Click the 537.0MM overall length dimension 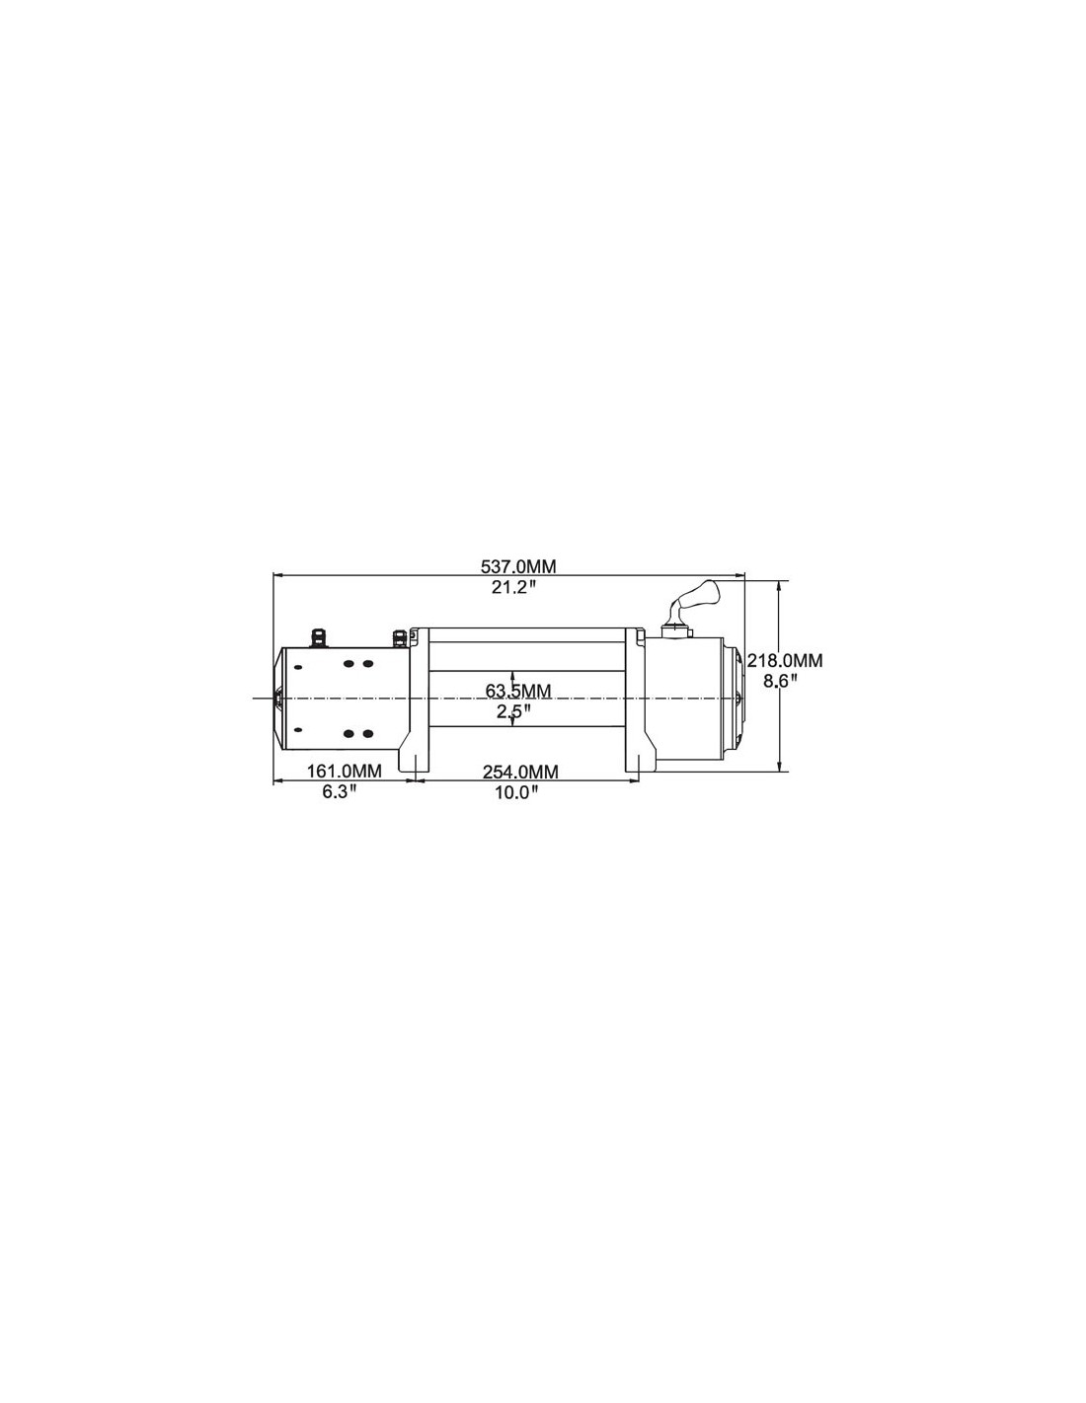(518, 566)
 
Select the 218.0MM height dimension (785, 660)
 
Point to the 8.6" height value (780, 681)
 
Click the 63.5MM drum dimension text (518, 691)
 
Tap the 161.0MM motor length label (344, 771)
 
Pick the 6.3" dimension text (340, 792)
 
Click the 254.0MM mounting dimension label (520, 772)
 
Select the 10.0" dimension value (516, 792)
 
